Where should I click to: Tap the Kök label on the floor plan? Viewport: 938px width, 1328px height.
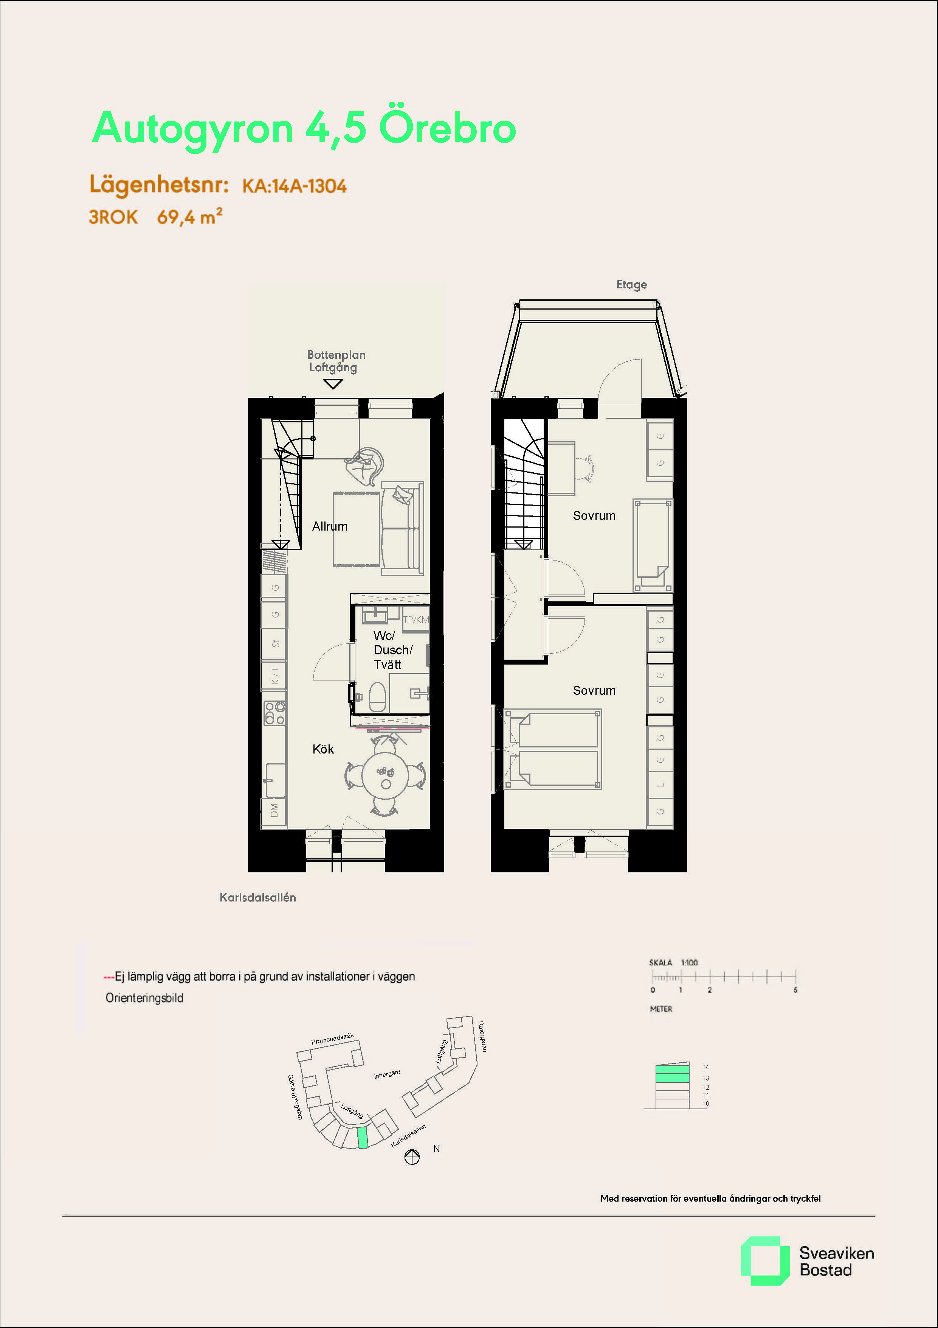tap(323, 749)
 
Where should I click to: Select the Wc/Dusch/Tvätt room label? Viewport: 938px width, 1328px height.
tap(392, 650)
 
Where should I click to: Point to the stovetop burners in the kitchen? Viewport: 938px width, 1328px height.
tap(274, 713)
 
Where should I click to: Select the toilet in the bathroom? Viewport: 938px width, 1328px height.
tap(377, 697)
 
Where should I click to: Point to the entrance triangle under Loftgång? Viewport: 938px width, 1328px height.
tap(333, 383)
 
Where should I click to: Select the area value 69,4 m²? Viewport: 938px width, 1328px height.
tap(189, 216)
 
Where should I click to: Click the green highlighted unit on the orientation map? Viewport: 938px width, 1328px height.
tap(362, 1138)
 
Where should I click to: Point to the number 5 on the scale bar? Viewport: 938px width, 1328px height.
tap(795, 990)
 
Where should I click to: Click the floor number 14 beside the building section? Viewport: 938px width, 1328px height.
tap(705, 1067)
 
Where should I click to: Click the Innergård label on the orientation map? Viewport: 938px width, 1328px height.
tap(387, 1075)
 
